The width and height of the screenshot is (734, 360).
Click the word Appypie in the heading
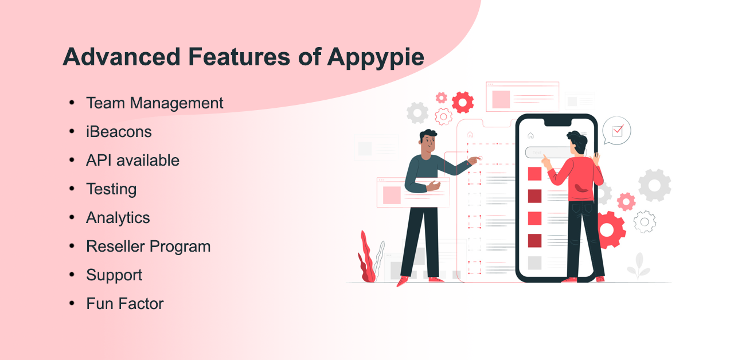click(376, 58)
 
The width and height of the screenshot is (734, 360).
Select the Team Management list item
click(154, 103)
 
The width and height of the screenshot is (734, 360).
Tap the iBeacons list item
click(119, 132)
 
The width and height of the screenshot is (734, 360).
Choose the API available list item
click(132, 161)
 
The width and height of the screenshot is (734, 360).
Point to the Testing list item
click(111, 189)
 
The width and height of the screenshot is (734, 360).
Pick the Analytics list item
click(118, 218)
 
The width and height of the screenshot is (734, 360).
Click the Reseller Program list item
click(148, 246)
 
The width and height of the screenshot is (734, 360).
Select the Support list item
click(114, 275)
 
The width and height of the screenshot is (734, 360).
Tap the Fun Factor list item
click(124, 304)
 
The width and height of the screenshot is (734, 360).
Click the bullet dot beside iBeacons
click(72, 131)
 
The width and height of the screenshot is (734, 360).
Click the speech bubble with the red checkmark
click(616, 131)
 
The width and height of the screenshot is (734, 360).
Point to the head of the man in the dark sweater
click(427, 143)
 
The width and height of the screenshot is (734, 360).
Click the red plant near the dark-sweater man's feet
click(367, 258)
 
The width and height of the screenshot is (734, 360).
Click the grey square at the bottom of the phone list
click(534, 263)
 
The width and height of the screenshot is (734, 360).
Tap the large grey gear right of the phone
click(654, 185)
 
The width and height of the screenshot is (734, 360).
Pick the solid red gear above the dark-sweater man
click(462, 103)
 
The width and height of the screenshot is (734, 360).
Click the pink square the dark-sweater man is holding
click(392, 195)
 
